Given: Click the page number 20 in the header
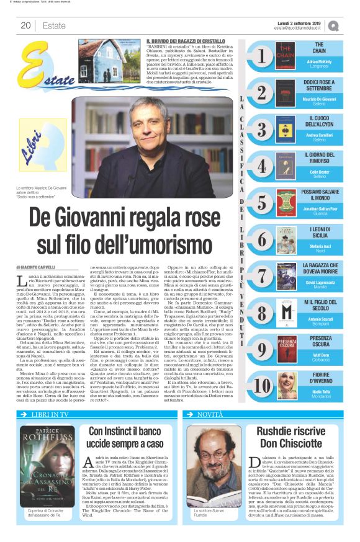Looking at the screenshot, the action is click(25, 26).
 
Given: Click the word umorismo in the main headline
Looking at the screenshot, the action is click(173, 235).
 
